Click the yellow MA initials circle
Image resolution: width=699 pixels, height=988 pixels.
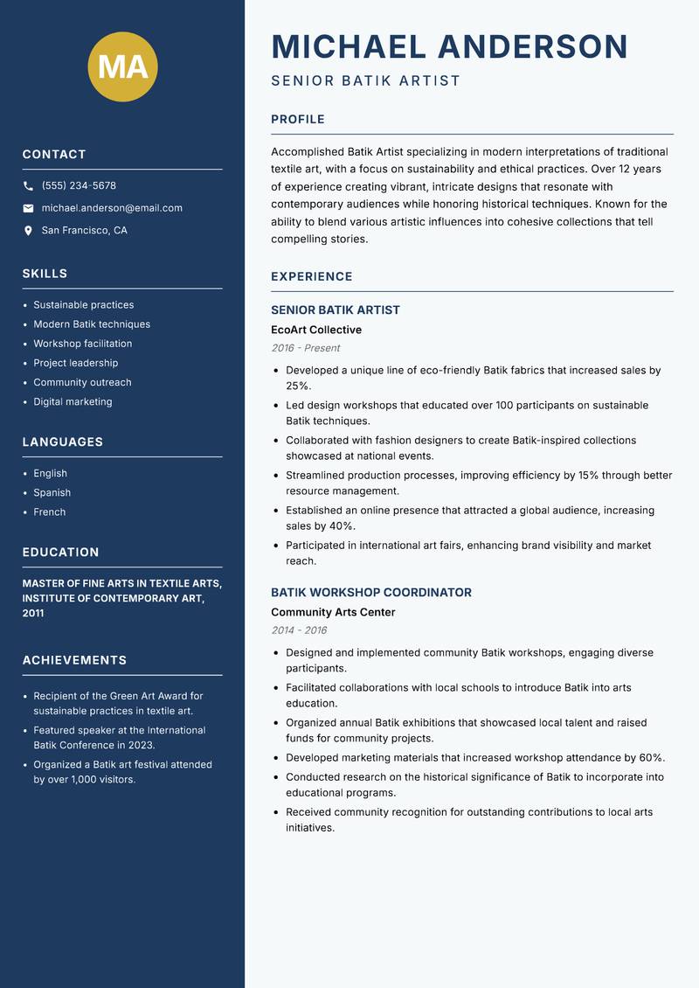pyautogui.click(x=122, y=66)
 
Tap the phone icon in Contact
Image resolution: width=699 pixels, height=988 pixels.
pyautogui.click(x=28, y=186)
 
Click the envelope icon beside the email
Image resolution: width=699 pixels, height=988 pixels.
pyautogui.click(x=28, y=208)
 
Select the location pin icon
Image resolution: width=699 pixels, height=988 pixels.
pyautogui.click(x=28, y=231)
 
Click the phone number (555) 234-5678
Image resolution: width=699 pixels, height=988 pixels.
pyautogui.click(x=79, y=186)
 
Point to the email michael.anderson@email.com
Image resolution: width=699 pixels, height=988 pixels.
pyautogui.click(x=112, y=208)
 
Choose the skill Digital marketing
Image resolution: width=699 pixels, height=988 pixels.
pyautogui.click(x=73, y=402)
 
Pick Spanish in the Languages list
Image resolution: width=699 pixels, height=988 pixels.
pyautogui.click(x=52, y=493)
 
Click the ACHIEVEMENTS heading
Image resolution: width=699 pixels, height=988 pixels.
pyautogui.click(x=74, y=660)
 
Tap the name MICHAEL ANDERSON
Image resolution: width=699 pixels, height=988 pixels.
pyautogui.click(x=450, y=46)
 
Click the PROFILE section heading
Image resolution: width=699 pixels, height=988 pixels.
pyautogui.click(x=298, y=120)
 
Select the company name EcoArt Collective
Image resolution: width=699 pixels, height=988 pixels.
pyautogui.click(x=316, y=330)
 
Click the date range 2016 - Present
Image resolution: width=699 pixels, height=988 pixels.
pyautogui.click(x=306, y=348)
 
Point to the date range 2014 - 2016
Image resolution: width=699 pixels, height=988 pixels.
pyautogui.click(x=299, y=630)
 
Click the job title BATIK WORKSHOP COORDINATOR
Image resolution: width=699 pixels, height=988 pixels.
pyautogui.click(x=371, y=593)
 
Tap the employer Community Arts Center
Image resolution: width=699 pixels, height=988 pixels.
pyautogui.click(x=333, y=613)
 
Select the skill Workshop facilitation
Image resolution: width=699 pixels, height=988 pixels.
pyautogui.click(x=83, y=344)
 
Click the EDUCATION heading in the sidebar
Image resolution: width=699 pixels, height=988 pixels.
pyautogui.click(x=61, y=553)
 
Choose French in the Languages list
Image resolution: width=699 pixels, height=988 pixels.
pyautogui.click(x=50, y=512)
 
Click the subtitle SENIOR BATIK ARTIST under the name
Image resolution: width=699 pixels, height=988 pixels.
pyautogui.click(x=365, y=81)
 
